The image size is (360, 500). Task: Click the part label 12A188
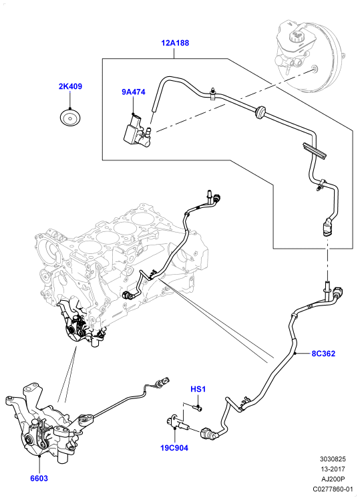click(175, 43)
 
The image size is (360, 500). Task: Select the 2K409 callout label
click(70, 86)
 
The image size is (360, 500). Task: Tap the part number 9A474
click(133, 92)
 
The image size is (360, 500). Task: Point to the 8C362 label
click(323, 354)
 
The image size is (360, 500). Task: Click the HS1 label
click(198, 389)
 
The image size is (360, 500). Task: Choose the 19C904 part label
click(174, 448)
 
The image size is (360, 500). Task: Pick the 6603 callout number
click(39, 479)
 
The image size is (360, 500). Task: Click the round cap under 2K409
click(70, 118)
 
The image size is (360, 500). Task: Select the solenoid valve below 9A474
click(137, 132)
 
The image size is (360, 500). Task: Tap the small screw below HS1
click(198, 406)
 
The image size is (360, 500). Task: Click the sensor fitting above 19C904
click(177, 422)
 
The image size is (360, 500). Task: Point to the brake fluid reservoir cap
click(298, 35)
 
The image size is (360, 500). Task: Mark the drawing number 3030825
click(333, 459)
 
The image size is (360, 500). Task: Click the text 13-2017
click(333, 469)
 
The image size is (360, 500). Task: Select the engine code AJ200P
click(333, 479)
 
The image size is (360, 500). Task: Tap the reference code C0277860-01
click(333, 489)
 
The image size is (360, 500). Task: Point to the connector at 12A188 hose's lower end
click(327, 227)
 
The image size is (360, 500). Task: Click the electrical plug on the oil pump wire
click(164, 381)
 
